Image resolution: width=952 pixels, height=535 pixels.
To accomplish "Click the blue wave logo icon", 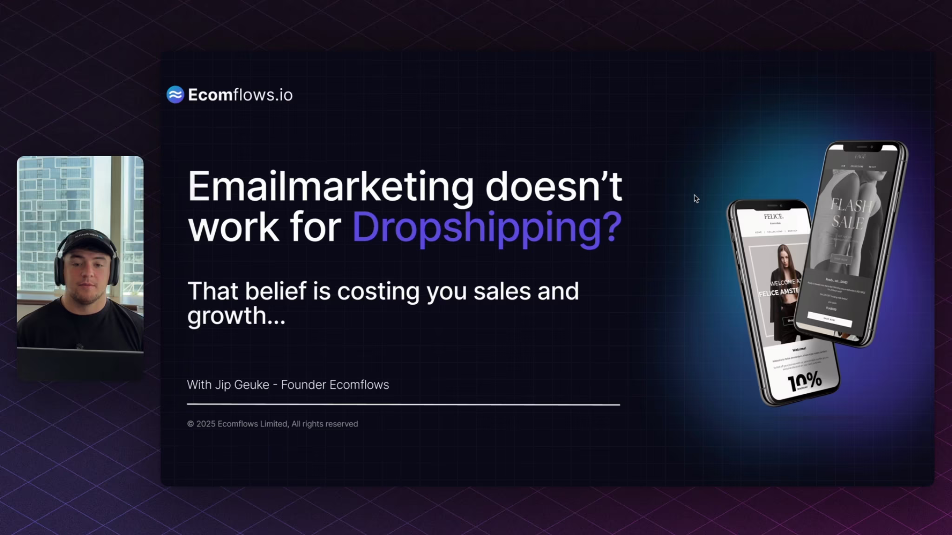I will [x=175, y=95].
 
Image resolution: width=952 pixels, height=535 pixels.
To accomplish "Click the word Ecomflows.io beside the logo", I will [x=240, y=95].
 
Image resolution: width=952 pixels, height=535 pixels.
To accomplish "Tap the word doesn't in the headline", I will [x=553, y=186].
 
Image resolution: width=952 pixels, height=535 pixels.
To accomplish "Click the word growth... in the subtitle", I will [x=236, y=316].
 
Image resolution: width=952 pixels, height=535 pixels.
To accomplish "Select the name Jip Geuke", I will [x=242, y=385].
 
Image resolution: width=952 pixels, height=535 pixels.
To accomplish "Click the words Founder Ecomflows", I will [x=335, y=385].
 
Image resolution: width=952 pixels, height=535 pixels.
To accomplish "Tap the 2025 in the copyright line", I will [x=205, y=424].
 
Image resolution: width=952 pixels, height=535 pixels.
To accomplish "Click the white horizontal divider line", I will [x=403, y=405].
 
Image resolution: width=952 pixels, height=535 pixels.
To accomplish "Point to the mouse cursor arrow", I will [x=696, y=198].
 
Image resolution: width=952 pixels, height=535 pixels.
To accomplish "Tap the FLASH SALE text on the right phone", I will [x=850, y=214].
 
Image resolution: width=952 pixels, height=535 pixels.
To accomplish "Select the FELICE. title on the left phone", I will [x=773, y=216].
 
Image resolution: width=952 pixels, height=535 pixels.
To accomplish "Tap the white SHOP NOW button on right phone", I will [x=829, y=320].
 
